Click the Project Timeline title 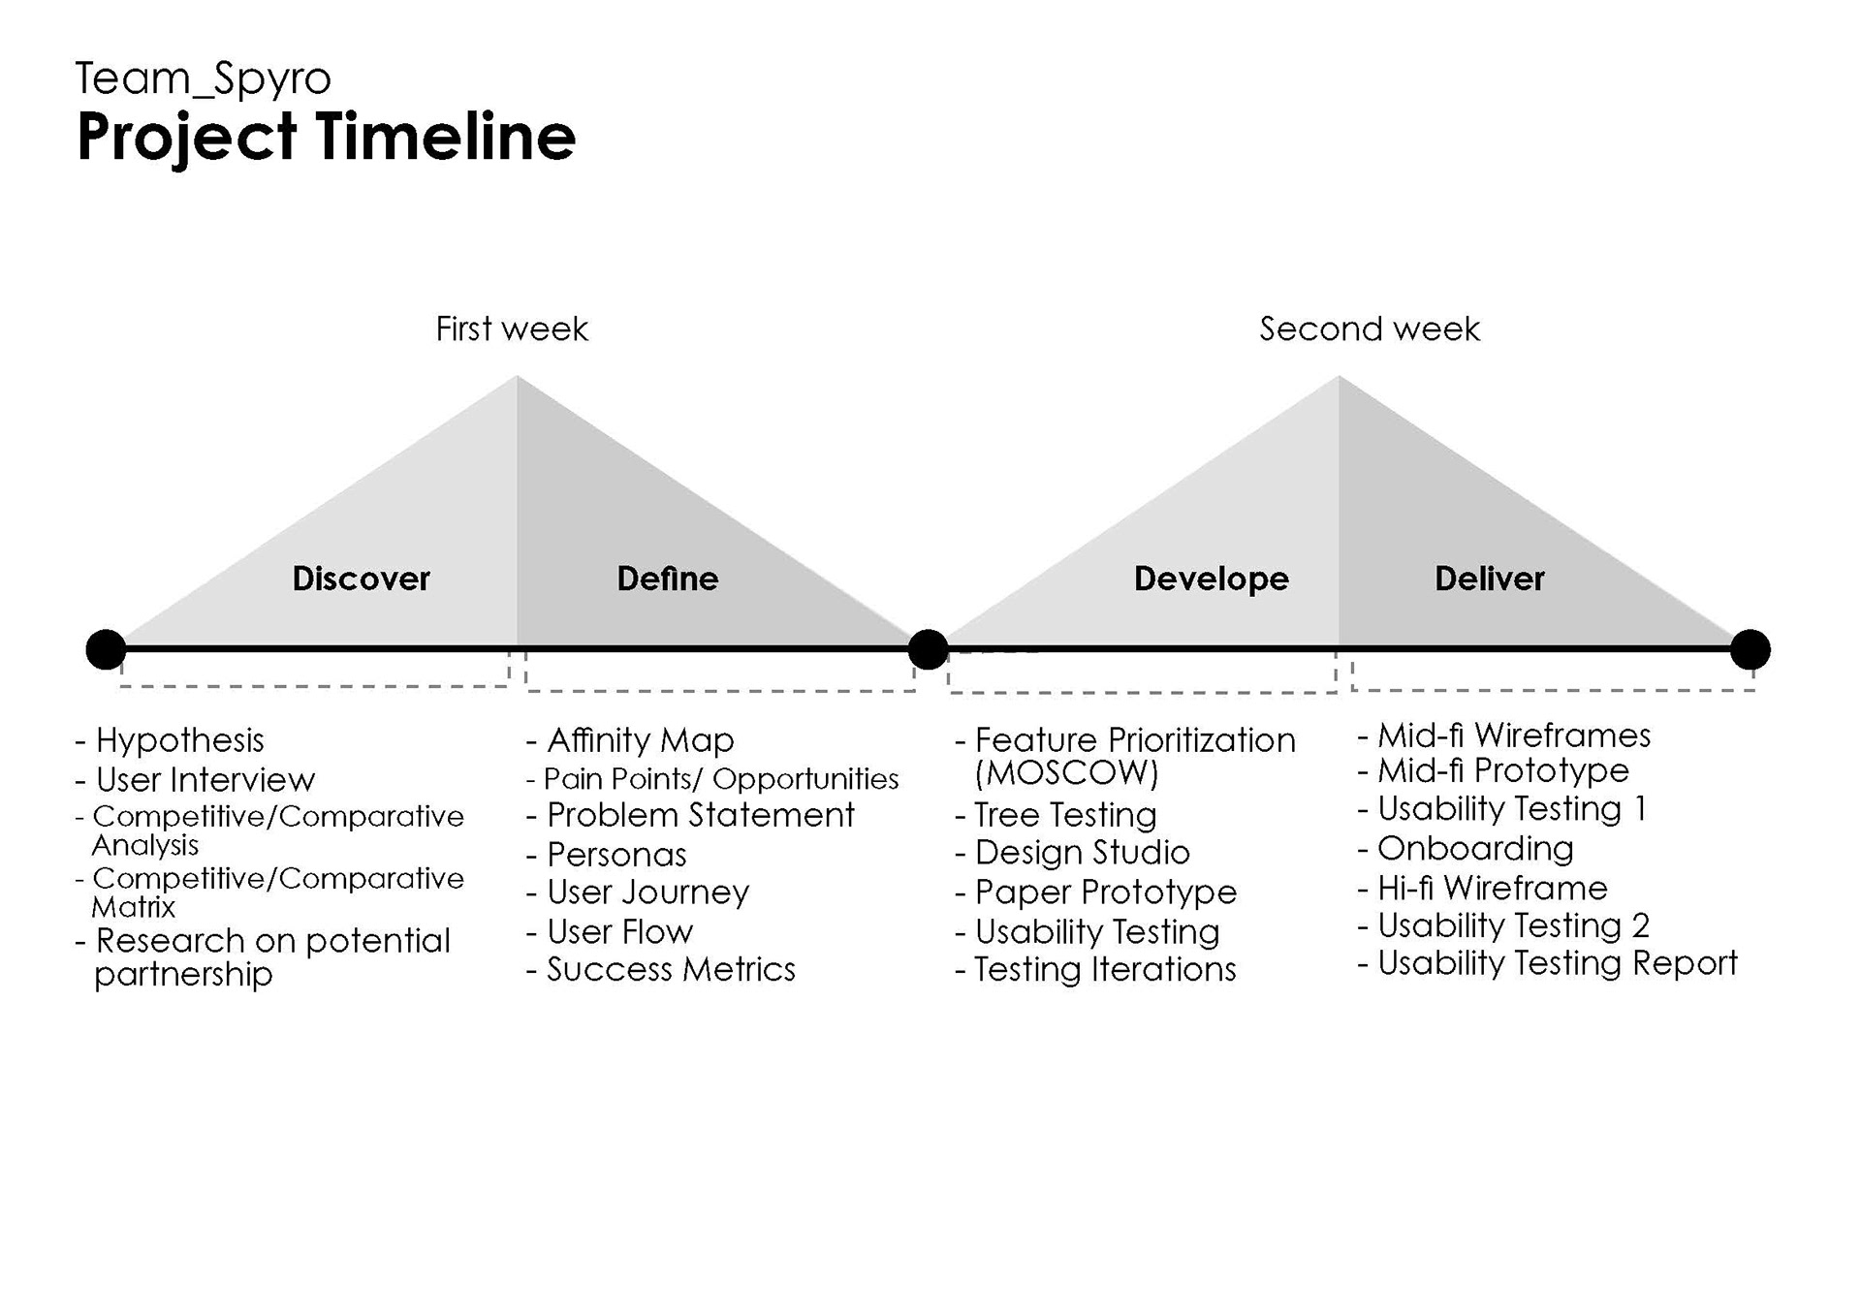(326, 138)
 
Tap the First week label (512, 329)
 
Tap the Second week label (1370, 329)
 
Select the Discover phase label (362, 579)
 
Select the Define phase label (668, 579)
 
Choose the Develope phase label (1212, 579)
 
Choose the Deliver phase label (1490, 579)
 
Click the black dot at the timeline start (106, 649)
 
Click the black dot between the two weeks (928, 649)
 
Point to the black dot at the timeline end (1750, 649)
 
